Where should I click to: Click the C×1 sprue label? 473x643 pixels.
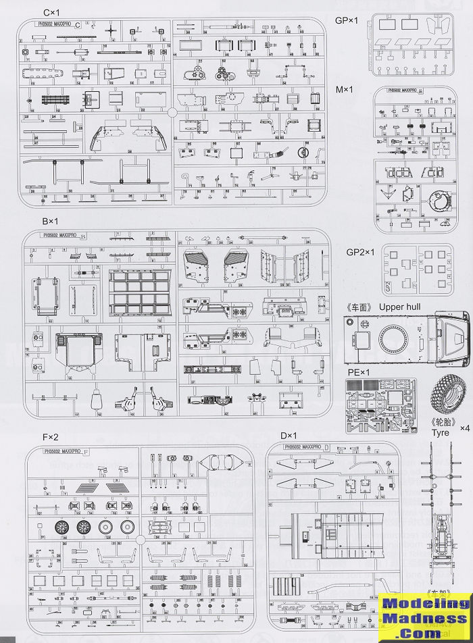53,13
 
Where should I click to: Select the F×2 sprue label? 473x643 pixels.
52,436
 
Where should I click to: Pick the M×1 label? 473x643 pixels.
346,90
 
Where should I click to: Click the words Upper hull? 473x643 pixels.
403,307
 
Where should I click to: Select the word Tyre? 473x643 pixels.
441,432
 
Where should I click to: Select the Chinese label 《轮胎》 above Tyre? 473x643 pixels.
440,422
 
